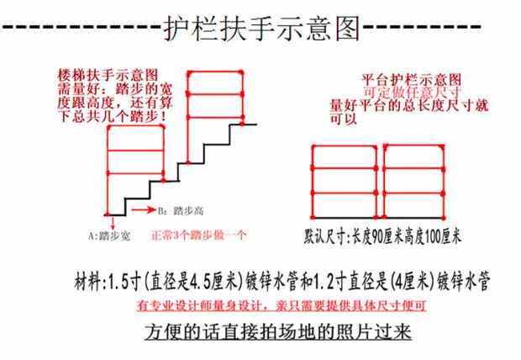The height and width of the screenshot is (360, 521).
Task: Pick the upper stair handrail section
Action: [213, 99]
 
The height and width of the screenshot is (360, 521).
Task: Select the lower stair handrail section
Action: [134, 164]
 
